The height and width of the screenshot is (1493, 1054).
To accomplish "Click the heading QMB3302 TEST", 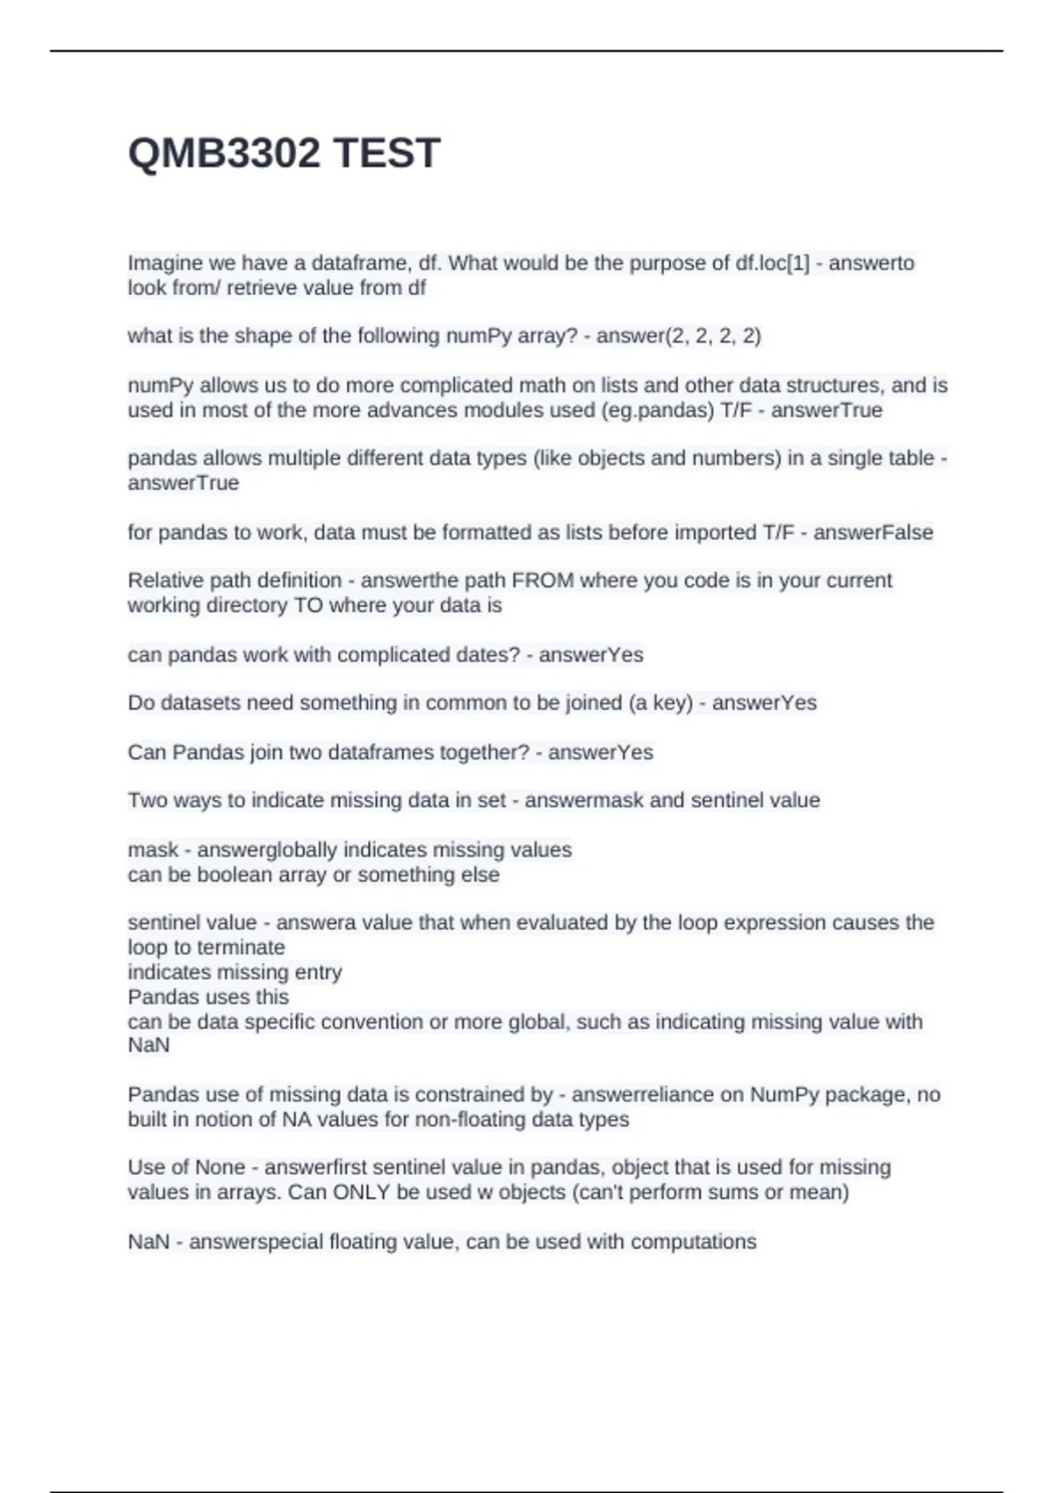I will click(x=284, y=154).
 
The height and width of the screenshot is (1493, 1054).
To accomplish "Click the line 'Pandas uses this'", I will click(x=208, y=997).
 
